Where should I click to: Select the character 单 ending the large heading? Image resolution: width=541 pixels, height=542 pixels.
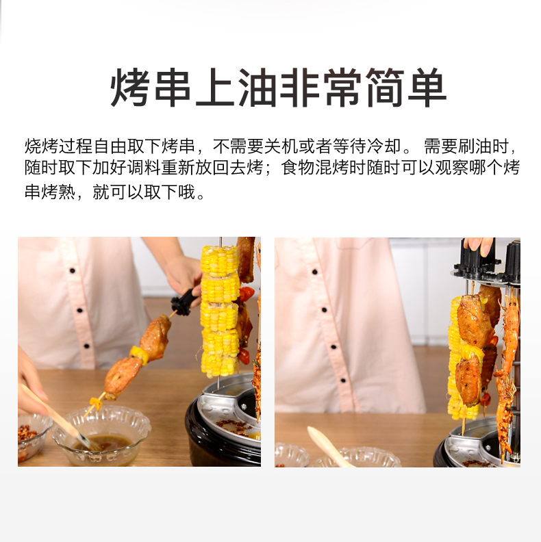point(427,87)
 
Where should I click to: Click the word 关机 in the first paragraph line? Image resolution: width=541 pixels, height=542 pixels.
point(281,146)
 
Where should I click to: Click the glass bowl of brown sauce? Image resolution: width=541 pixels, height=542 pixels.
point(101,435)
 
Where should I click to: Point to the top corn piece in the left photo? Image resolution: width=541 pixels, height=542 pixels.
point(219,261)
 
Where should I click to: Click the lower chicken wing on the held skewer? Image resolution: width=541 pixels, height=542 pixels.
point(122,378)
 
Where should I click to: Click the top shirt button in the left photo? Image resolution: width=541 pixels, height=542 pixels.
point(73,270)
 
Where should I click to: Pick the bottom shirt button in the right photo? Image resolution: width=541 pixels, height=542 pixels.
point(343,380)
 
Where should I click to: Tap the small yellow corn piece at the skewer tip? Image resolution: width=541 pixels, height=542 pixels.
point(95,402)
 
